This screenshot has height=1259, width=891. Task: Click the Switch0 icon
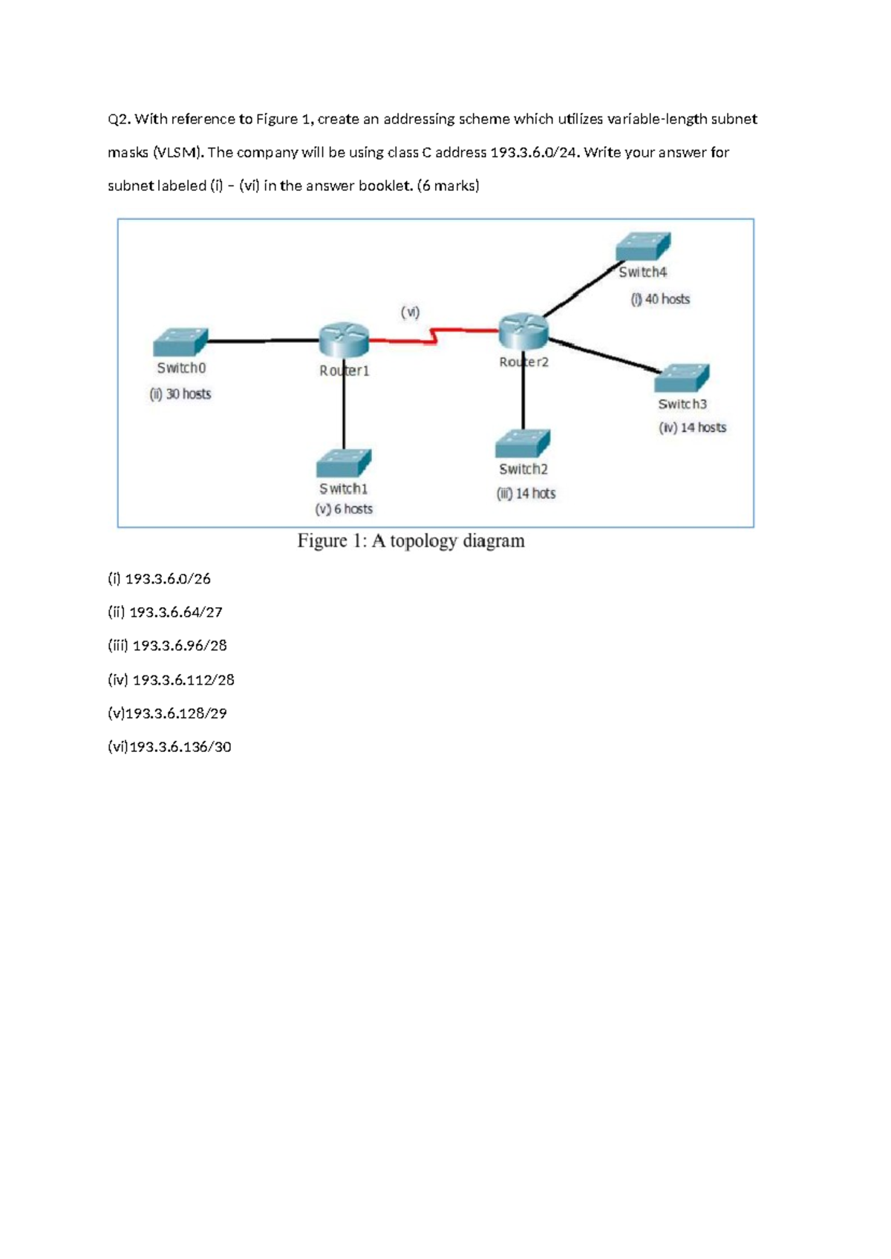180,342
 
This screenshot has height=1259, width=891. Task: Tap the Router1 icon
344,340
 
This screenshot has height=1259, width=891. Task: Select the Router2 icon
523,330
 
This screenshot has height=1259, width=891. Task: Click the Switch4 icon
644,246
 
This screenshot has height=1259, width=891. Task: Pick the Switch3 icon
682,378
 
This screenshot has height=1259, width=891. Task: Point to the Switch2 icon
523,444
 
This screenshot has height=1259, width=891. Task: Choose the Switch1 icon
344,463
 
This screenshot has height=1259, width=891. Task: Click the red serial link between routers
434,338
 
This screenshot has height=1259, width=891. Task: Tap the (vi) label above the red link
410,313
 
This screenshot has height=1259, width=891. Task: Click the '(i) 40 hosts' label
660,299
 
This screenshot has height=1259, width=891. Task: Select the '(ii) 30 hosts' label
180,394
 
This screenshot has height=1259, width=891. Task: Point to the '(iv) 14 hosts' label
692,428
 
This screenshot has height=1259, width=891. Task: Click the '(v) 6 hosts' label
344,509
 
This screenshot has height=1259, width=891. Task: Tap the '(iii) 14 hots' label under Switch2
526,494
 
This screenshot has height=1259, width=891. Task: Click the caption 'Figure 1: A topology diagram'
411,541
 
